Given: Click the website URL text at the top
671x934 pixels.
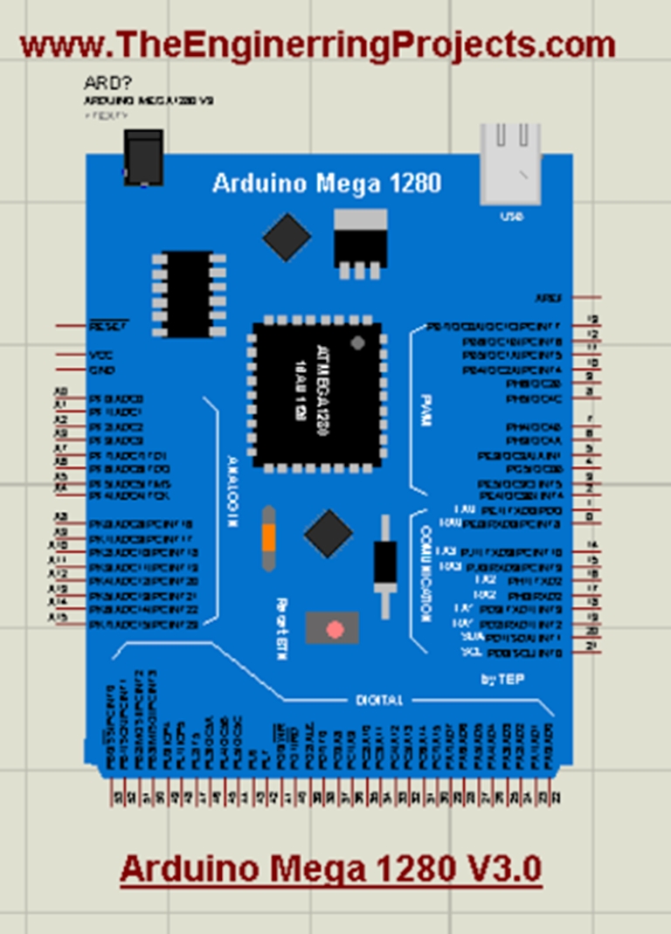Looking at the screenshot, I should [x=317, y=44].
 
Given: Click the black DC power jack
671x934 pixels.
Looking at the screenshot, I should [x=143, y=157].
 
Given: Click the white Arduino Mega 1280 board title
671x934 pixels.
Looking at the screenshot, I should [x=327, y=183].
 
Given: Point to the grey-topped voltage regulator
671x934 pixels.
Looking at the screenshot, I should [x=359, y=241].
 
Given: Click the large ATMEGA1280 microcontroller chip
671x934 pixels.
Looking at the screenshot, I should [x=316, y=392].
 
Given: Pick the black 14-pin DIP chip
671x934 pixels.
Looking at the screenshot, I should [x=188, y=294].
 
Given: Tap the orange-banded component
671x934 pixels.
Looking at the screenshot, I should [x=268, y=534].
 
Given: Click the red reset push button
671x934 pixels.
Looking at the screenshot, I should [x=333, y=628].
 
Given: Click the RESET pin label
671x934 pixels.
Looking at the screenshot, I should [x=108, y=325].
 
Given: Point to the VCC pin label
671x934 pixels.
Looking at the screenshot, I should [x=100, y=356].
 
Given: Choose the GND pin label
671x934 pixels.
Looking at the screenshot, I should [x=101, y=370].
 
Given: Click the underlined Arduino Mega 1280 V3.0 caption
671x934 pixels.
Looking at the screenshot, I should [x=330, y=869].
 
